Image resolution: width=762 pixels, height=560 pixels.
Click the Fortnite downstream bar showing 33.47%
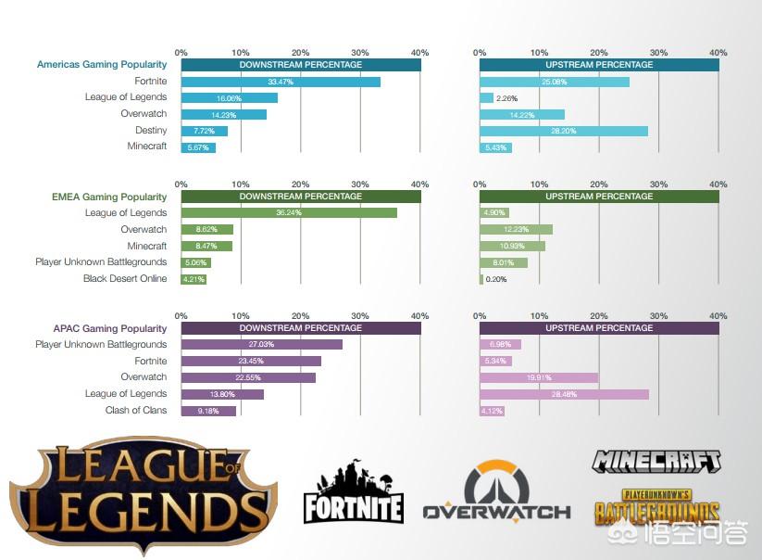tap(281, 82)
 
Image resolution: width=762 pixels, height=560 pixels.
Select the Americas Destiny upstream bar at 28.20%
tap(563, 131)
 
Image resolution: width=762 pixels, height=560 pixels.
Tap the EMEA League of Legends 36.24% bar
tap(289, 213)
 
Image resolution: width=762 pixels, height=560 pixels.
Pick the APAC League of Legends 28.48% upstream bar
tap(564, 394)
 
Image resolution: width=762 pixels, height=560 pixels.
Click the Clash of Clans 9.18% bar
tap(208, 411)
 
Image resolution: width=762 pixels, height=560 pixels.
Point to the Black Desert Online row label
tap(125, 278)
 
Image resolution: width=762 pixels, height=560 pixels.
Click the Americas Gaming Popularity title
tap(102, 65)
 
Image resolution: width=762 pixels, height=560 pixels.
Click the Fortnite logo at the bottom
tap(353, 492)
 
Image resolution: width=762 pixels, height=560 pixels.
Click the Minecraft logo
tap(656, 460)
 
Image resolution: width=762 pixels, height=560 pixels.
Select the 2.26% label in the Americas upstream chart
tap(506, 98)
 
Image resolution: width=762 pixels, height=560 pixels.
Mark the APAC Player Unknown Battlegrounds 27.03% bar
tap(262, 345)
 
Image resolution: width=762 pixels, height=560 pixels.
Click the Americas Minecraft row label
tap(147, 146)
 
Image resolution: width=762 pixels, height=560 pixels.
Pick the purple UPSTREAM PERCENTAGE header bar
tap(599, 328)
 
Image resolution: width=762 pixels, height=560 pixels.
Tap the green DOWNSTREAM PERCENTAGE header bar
tap(301, 197)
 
